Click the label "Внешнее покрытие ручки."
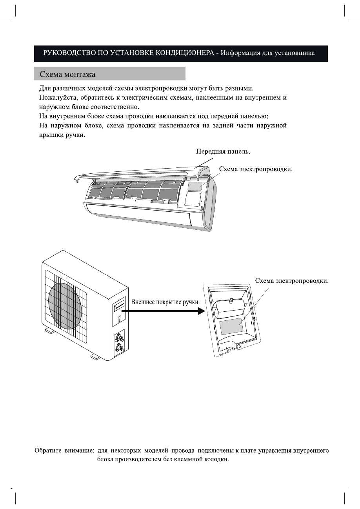pyautogui.click(x=165, y=303)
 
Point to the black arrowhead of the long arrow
pyautogui.click(x=201, y=311)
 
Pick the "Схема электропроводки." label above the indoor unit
pyautogui.click(x=256, y=169)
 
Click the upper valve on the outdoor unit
pyautogui.click(x=119, y=338)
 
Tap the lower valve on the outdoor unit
pyautogui.click(x=118, y=347)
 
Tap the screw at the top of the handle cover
pyautogui.click(x=232, y=301)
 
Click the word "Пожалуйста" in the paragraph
pyautogui.click(x=59, y=98)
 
